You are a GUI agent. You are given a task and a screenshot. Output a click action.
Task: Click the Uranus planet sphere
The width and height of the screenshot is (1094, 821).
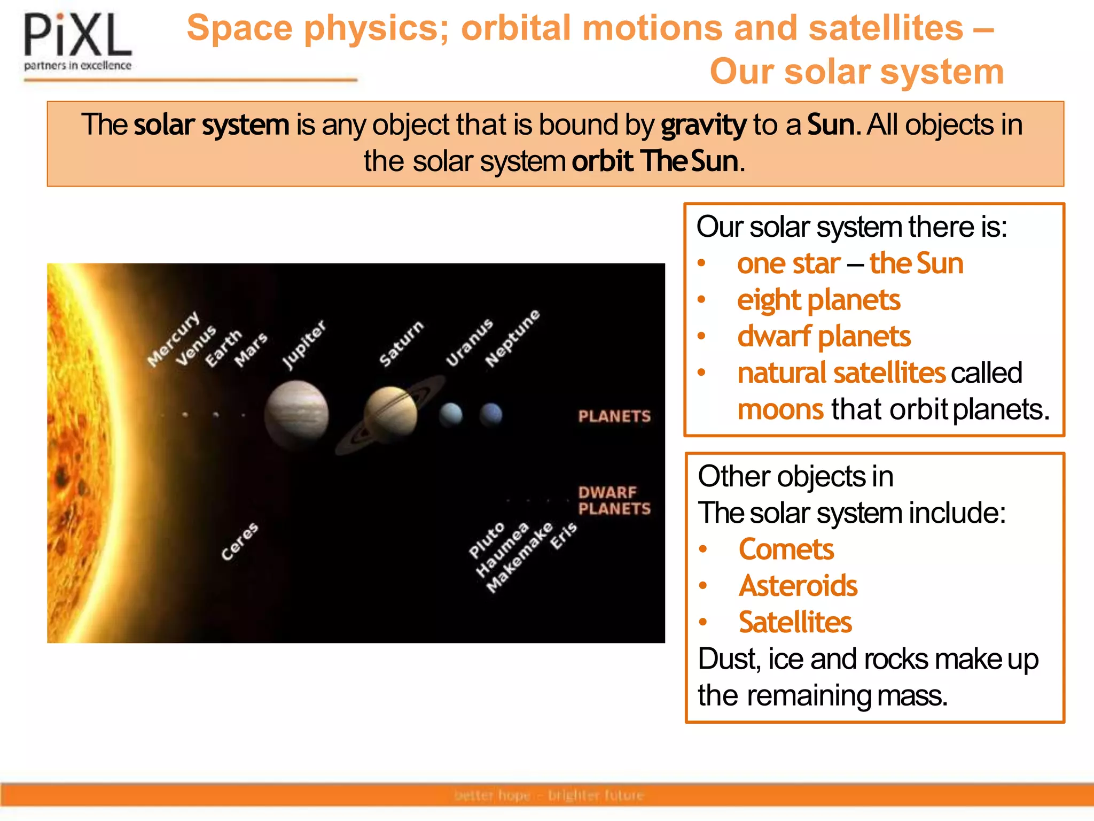tap(451, 414)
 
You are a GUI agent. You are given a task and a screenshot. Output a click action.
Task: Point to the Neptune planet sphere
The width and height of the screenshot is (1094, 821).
tap(491, 414)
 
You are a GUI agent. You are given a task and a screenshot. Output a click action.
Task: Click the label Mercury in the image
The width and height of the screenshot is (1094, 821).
tap(174, 339)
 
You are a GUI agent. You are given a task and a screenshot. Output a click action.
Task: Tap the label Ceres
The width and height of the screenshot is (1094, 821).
tap(240, 541)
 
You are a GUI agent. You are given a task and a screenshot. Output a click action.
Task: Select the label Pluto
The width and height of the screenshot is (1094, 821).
tap(487, 540)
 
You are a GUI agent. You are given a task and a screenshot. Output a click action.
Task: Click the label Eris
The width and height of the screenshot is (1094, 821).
tap(564, 536)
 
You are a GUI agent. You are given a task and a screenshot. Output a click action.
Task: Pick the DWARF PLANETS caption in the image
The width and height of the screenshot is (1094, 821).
tap(614, 500)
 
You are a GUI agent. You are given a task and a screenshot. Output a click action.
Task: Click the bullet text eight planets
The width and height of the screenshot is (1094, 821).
tap(818, 300)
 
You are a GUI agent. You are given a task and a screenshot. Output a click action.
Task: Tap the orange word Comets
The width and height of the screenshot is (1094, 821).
tap(786, 549)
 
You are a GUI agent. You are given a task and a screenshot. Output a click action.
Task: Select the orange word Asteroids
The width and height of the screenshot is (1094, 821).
tap(798, 586)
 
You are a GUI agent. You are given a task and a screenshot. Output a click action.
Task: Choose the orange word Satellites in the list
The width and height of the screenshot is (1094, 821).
tap(795, 622)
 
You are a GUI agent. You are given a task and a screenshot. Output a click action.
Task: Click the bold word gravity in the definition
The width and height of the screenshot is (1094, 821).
tap(703, 125)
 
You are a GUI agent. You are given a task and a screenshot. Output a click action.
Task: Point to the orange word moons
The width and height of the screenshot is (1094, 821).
tap(780, 409)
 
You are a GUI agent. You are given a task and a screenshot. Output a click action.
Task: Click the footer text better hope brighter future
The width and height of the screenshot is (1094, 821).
tap(549, 795)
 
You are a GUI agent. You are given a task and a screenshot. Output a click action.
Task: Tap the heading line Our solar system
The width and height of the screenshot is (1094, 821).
tap(856, 72)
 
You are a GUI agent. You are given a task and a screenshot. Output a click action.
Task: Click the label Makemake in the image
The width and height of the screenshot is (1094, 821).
tap(520, 557)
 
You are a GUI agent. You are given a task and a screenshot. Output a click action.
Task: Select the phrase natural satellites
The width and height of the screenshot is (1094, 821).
tap(841, 373)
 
